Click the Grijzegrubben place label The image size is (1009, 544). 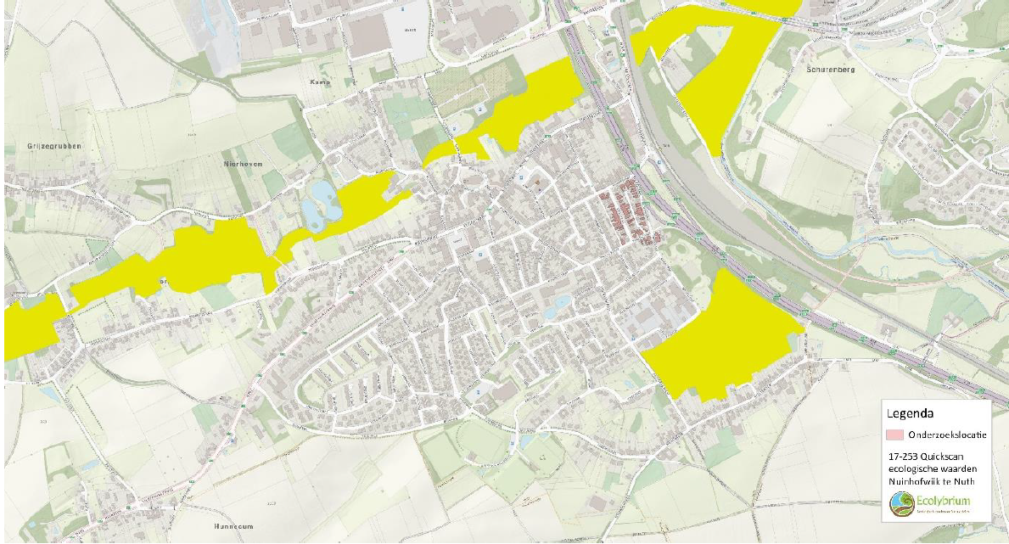coord(47,147)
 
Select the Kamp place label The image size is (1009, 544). coord(318,81)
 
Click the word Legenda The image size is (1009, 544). coord(911,414)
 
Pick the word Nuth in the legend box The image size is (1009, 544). coord(963,482)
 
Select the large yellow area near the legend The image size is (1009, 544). coord(721,339)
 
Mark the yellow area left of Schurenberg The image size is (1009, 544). coord(713,76)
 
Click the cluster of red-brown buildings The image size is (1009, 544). coord(630,212)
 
